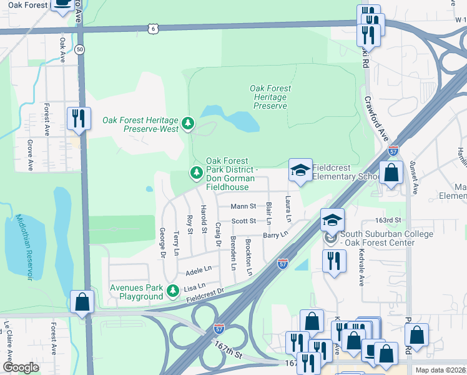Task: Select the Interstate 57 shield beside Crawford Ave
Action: click(393, 151)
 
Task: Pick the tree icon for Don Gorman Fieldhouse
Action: click(197, 172)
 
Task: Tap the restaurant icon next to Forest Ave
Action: click(79, 117)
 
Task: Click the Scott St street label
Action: click(243, 221)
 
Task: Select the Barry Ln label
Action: click(275, 235)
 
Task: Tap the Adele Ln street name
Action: click(199, 271)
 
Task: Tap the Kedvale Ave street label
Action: click(361, 267)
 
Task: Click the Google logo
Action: click(21, 367)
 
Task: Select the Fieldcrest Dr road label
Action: click(205, 296)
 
